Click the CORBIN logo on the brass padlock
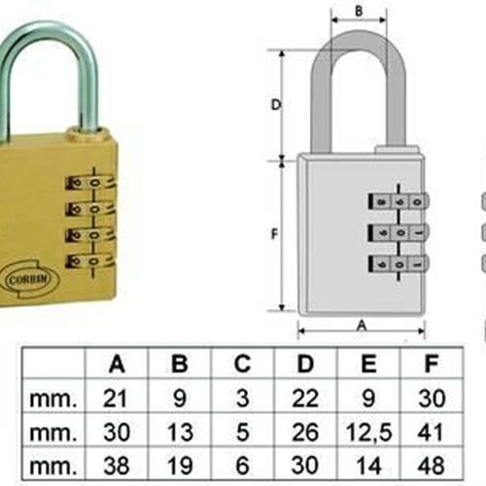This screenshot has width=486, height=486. coord(31,280)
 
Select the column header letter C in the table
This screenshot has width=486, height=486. coord(242,364)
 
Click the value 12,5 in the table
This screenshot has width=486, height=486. coord(368,433)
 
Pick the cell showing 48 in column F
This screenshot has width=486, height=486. coord(431,466)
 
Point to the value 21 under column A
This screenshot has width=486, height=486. coord(115,399)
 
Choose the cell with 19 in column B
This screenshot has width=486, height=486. coord(180,466)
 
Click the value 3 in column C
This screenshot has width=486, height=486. coord(242,399)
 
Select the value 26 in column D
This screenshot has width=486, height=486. coord(305,433)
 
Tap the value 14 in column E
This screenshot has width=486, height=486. coord(368,466)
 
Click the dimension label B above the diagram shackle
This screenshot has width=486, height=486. coord(359,12)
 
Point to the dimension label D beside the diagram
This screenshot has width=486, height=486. coord(276,105)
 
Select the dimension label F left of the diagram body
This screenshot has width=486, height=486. coord(274,233)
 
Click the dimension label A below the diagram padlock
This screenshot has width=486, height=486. coord(362,326)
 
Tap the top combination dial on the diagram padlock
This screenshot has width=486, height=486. coord(399,201)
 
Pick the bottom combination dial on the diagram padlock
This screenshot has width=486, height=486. coord(399,263)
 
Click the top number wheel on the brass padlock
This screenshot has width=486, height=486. coord(90,183)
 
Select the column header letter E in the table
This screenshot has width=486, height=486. coord(368,364)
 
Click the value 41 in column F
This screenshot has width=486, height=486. coord(431,433)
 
